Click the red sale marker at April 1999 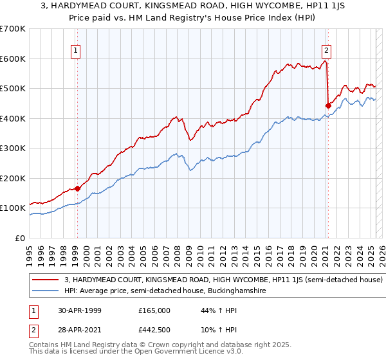[77, 188]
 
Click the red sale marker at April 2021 [328, 105]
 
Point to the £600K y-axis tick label [13, 59]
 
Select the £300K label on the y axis [13, 148]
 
